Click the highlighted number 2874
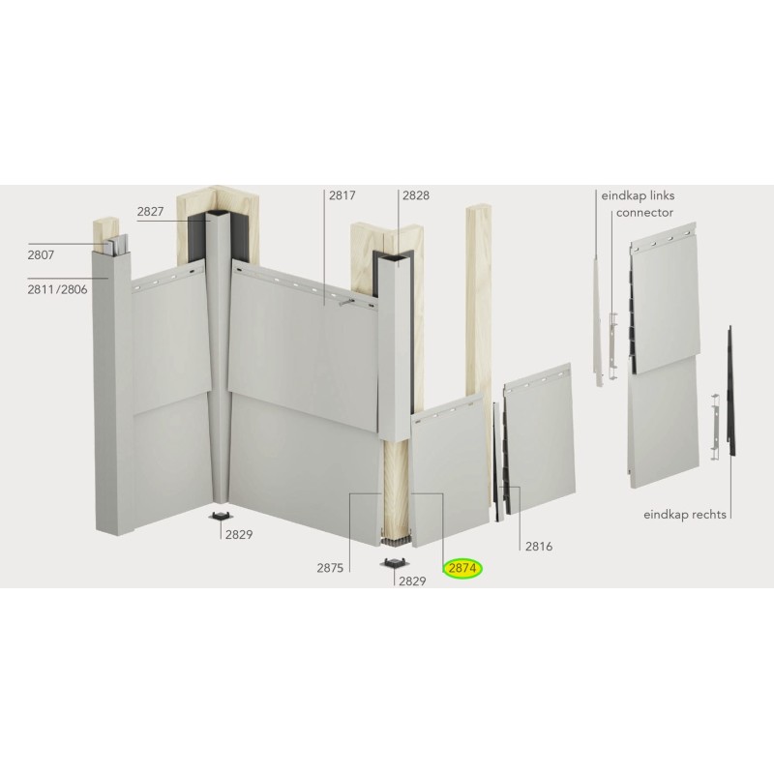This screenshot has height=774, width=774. [462, 569]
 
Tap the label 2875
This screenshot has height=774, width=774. [330, 569]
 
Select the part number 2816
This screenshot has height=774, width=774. [538, 547]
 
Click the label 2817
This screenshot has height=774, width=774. [342, 194]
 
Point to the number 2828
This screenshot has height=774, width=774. [415, 194]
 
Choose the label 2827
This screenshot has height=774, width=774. [150, 210]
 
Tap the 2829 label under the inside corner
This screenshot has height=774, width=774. [239, 534]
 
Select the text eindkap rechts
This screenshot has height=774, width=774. [684, 515]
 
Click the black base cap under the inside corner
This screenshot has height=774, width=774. [221, 513]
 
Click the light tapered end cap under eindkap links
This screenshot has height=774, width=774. [598, 319]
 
